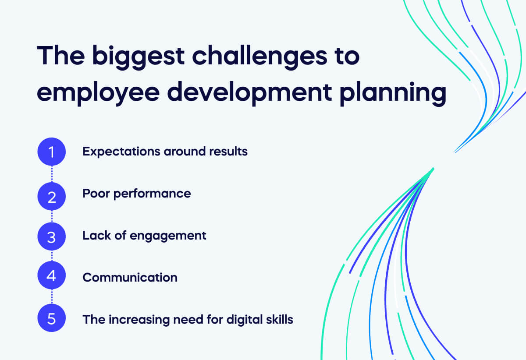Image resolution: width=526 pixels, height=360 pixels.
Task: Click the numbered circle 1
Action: click(x=52, y=152)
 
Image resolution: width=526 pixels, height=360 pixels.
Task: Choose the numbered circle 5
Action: click(x=52, y=319)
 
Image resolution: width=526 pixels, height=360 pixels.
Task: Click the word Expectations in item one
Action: click(x=121, y=152)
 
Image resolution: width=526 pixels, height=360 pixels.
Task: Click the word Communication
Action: click(x=130, y=277)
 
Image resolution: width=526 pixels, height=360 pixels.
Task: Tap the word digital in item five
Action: click(x=243, y=320)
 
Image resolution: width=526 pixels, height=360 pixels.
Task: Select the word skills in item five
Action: click(x=279, y=319)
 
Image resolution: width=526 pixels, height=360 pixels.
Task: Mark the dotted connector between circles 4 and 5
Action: click(x=52, y=298)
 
